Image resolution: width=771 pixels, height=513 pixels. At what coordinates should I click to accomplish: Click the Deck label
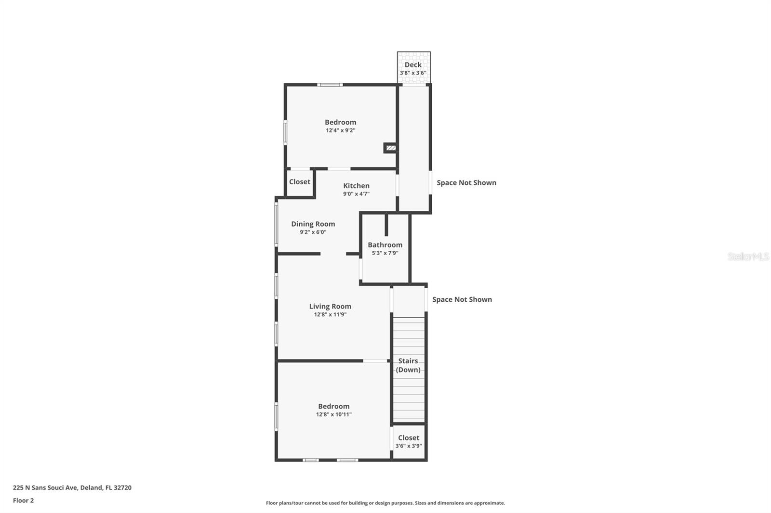click(x=413, y=64)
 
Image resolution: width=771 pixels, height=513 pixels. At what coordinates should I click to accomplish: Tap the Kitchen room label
click(x=356, y=186)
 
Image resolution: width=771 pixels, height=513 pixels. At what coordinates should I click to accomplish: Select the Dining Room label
click(x=313, y=224)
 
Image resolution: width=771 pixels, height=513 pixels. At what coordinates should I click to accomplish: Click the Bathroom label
click(x=385, y=245)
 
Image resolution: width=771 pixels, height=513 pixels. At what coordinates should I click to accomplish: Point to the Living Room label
click(x=330, y=307)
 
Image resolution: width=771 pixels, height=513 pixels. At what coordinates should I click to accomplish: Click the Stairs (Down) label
click(x=408, y=365)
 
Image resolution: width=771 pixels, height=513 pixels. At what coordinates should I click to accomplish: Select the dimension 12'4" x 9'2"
click(x=340, y=130)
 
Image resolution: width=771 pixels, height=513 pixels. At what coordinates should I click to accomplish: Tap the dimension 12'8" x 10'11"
click(x=333, y=414)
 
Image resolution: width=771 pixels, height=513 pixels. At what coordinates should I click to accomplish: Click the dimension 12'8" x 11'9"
click(x=330, y=315)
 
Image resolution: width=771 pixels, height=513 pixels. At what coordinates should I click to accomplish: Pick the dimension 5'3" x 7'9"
click(x=385, y=253)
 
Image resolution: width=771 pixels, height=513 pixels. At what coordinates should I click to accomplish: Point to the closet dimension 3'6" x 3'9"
click(x=409, y=446)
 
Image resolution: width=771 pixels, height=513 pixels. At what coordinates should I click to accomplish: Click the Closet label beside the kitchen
click(x=299, y=182)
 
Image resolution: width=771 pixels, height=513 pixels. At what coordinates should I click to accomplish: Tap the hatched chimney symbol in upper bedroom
click(x=391, y=148)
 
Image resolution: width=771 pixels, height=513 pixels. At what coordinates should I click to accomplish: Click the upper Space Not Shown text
click(x=466, y=183)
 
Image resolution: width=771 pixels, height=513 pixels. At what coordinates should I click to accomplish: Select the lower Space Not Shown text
click(x=462, y=299)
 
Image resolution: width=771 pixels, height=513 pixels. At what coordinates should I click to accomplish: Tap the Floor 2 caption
click(x=23, y=500)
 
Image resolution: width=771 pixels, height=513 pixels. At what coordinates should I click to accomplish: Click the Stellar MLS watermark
click(x=748, y=256)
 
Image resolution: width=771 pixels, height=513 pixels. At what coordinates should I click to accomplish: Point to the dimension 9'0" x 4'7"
click(x=356, y=194)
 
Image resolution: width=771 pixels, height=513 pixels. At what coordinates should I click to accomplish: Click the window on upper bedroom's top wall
click(x=330, y=85)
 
